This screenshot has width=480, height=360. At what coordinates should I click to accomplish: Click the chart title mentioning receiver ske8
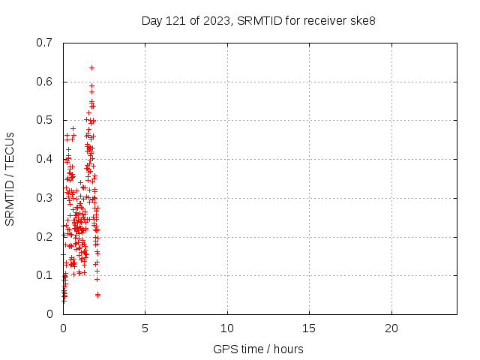click(x=258, y=20)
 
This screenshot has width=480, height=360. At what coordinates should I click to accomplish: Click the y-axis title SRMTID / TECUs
click(x=10, y=179)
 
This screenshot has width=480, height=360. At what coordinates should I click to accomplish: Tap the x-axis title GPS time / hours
click(x=258, y=349)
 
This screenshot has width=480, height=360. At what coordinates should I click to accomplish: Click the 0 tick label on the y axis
click(x=49, y=314)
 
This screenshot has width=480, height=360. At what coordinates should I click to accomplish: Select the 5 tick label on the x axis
click(x=145, y=328)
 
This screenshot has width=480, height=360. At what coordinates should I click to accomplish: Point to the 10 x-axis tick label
click(x=227, y=328)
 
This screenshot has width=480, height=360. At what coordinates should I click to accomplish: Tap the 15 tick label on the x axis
click(x=309, y=328)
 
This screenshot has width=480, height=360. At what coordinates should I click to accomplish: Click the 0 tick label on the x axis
click(x=63, y=328)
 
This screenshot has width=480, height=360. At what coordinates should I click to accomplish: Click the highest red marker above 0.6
click(x=91, y=67)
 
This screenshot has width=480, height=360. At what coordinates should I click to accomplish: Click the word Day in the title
click(x=151, y=20)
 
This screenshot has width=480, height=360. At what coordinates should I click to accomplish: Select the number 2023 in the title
click(x=214, y=20)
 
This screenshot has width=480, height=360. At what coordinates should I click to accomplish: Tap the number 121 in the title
click(x=176, y=20)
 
